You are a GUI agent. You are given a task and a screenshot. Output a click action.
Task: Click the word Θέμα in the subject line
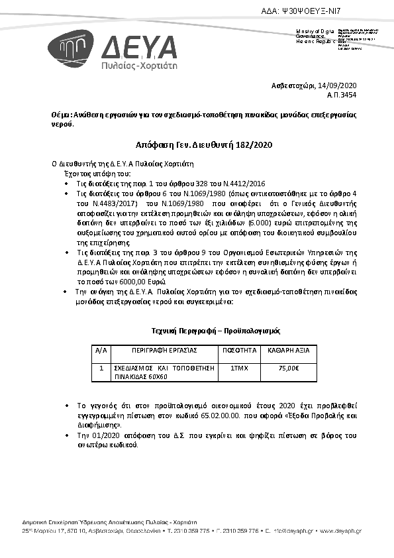click(62, 115)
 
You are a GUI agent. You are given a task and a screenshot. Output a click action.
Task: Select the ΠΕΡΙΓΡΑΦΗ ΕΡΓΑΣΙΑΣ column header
click(164, 349)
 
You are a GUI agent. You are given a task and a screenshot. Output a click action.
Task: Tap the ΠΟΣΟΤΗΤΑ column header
click(238, 349)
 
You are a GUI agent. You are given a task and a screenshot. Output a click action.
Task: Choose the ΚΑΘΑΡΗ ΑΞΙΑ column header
click(288, 349)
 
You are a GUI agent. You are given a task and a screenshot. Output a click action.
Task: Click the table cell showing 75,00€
click(288, 368)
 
